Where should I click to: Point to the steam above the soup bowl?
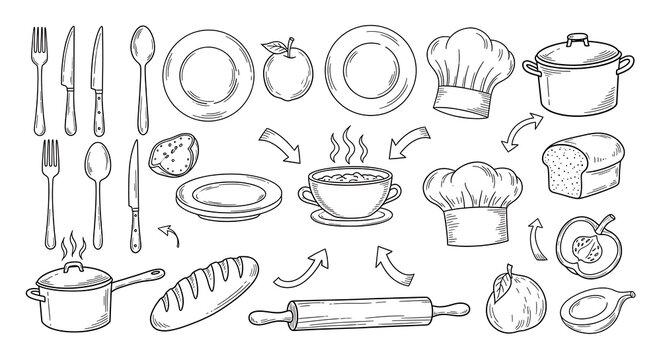coord(347,140)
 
